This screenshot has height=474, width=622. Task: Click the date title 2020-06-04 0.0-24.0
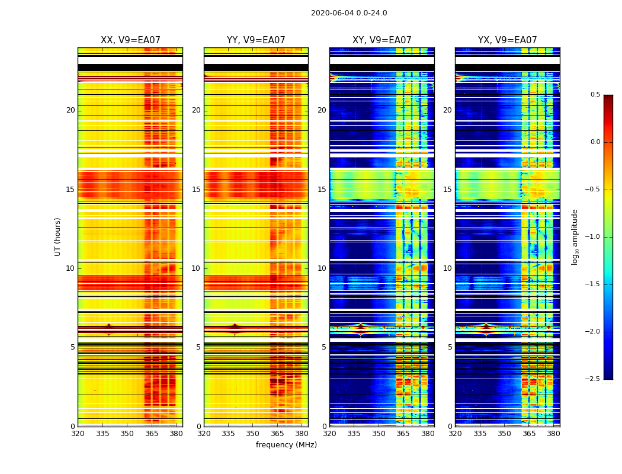349,13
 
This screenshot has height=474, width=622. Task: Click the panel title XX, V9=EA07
130,40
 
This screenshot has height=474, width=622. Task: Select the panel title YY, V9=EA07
256,40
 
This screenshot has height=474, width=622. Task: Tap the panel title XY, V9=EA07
381,40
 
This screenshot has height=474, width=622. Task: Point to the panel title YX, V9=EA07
507,40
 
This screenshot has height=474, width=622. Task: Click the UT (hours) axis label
57,236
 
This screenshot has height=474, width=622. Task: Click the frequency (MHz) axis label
286,445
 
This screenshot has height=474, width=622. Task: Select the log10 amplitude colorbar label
575,236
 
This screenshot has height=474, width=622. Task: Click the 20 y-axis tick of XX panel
70,110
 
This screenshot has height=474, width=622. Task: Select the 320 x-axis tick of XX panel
78,434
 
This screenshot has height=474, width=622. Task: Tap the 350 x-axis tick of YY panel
253,434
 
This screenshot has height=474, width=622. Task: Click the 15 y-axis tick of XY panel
322,190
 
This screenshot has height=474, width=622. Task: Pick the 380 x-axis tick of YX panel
553,434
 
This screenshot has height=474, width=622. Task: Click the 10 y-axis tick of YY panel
196,268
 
